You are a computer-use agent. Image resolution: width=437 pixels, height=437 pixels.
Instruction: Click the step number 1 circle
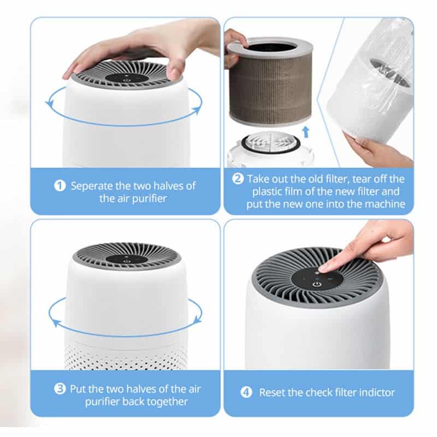(x=60, y=186)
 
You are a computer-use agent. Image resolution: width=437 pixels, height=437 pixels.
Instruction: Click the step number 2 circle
(x=238, y=179)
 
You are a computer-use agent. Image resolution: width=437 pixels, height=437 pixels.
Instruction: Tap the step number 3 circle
(x=60, y=388)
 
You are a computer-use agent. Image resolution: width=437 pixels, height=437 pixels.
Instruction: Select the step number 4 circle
(x=246, y=392)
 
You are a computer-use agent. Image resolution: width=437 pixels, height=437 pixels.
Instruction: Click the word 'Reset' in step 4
(x=272, y=392)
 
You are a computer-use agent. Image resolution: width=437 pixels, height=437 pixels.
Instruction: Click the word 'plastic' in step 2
(x=267, y=192)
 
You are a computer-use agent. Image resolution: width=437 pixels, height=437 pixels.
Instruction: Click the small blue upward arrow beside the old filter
(x=306, y=132)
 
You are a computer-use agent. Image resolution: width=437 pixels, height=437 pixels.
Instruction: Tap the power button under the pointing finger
(x=316, y=285)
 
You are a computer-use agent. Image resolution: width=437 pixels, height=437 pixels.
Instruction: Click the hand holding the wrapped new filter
(x=377, y=151)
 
